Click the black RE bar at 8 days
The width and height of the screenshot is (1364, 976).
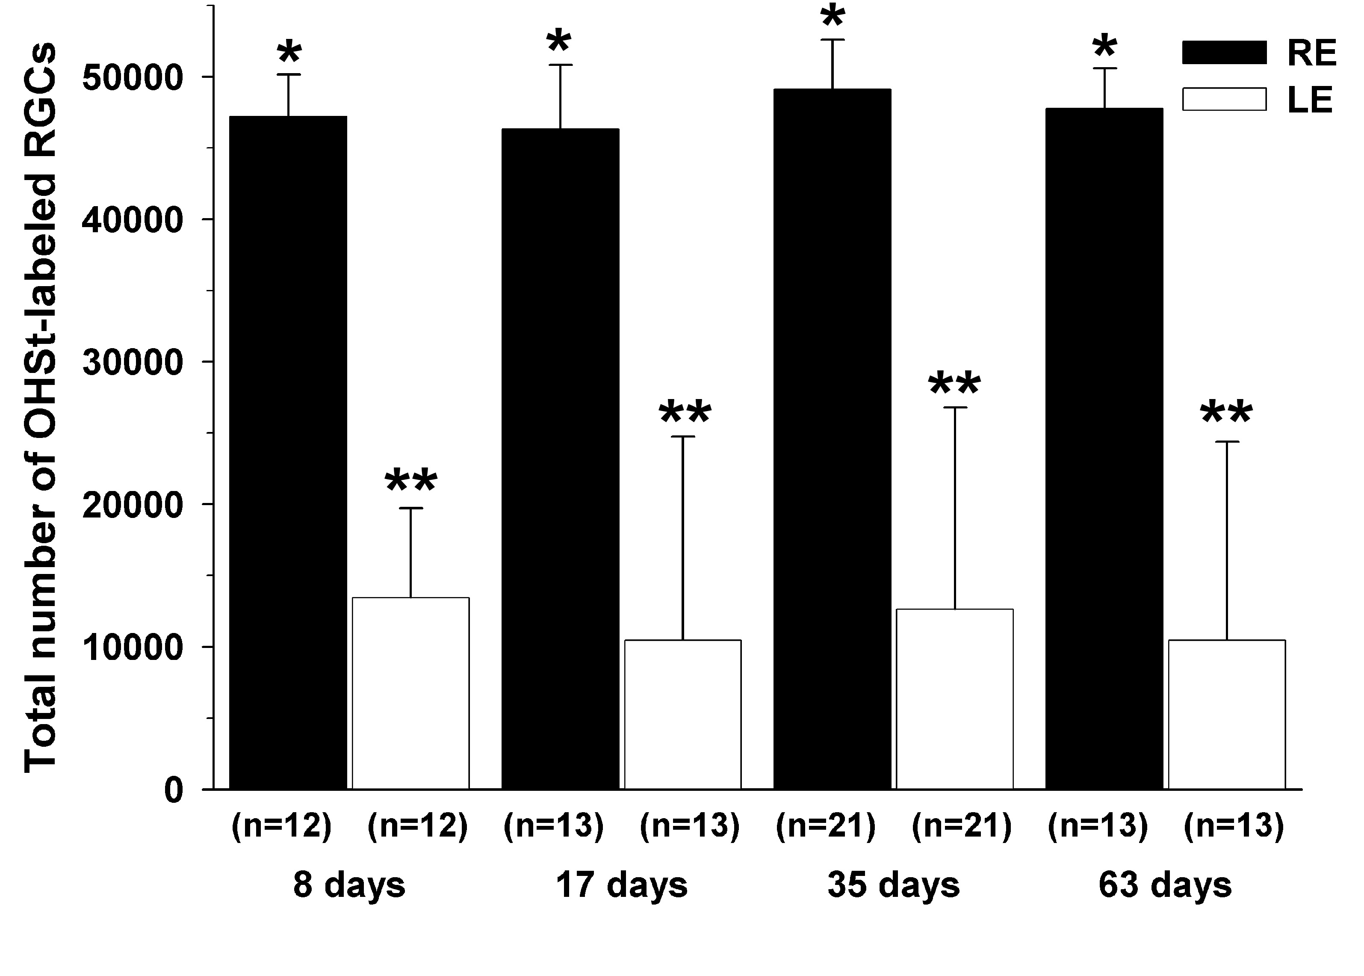click(289, 451)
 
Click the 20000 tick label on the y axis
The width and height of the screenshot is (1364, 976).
click(132, 505)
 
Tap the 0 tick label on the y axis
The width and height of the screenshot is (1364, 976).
click(174, 790)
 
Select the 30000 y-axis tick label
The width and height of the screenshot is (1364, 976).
click(132, 362)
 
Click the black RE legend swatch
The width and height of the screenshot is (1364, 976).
click(1225, 52)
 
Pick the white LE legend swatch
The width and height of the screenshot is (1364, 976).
click(1225, 99)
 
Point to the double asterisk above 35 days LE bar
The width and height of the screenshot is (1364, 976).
click(954, 384)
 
